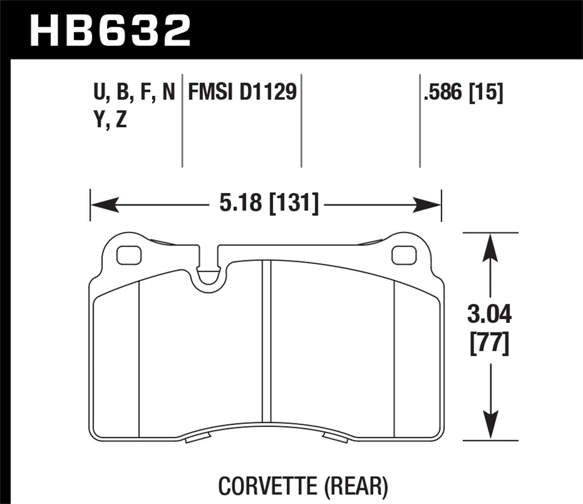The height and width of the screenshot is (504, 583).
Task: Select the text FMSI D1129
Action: tap(242, 93)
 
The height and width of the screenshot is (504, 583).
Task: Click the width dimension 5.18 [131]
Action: tap(269, 203)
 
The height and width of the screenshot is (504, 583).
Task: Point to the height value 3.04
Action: tap(489, 315)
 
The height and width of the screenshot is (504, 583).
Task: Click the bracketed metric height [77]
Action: tap(489, 344)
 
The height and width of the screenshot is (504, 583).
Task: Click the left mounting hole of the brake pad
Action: tap(129, 255)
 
